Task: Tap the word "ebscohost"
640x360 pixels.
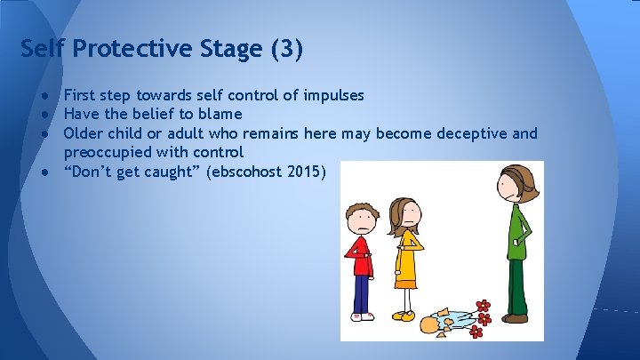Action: click(248, 172)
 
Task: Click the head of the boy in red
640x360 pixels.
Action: click(360, 217)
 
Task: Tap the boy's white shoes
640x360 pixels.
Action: click(361, 316)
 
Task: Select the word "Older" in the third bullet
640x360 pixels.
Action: click(84, 133)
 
